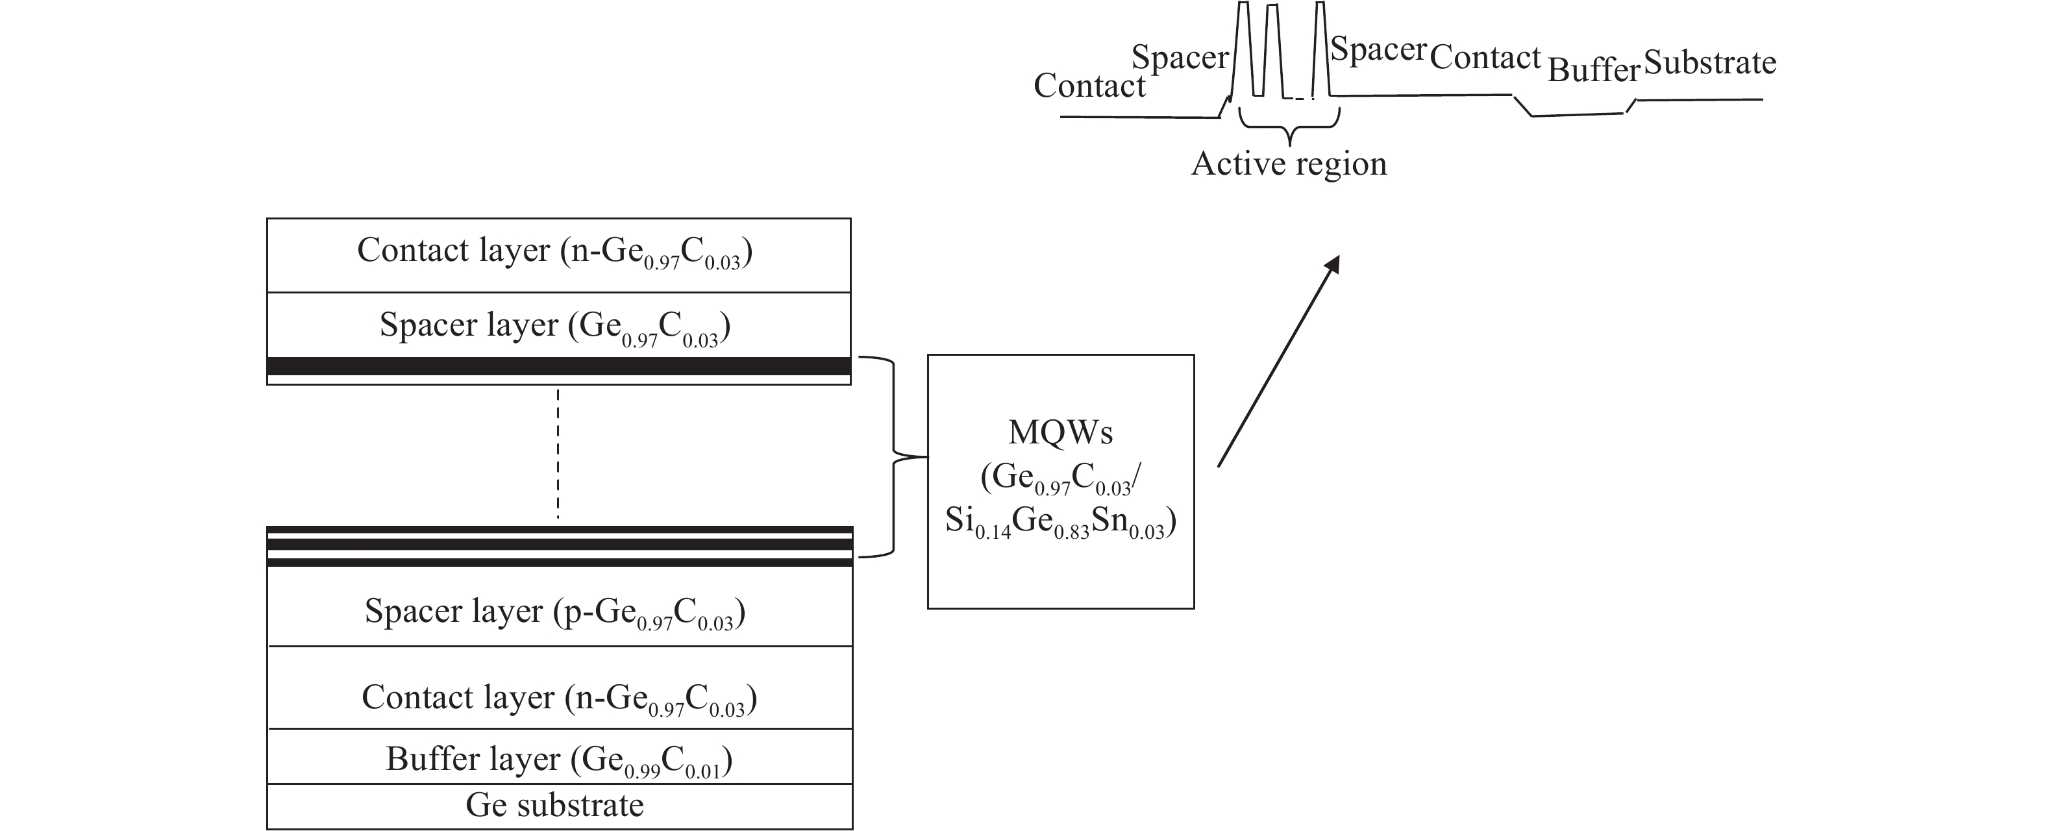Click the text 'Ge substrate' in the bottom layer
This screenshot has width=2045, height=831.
tap(554, 806)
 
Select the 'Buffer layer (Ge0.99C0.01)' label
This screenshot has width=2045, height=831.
tap(559, 760)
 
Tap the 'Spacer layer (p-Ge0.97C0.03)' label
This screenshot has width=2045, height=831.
tap(554, 612)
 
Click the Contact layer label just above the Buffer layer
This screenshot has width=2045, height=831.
tap(559, 698)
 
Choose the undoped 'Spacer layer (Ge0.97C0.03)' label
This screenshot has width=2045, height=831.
tap(554, 325)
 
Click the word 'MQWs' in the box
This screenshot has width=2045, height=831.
tap(1061, 432)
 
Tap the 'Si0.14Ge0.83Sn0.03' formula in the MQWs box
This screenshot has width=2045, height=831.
tap(1061, 521)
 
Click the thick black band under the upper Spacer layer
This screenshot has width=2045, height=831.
tap(559, 367)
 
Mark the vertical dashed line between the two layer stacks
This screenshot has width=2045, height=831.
tap(558, 454)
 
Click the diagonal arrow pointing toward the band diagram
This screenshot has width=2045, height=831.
tap(1278, 361)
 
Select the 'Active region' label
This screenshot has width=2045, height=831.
tap(1289, 164)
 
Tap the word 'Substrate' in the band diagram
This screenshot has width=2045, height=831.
tap(1710, 63)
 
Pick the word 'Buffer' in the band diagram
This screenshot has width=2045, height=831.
tap(1593, 71)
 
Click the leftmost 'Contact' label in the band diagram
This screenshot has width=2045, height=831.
tap(1089, 86)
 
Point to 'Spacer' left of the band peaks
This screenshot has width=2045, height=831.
tap(1180, 57)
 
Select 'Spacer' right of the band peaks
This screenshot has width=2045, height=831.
tap(1378, 49)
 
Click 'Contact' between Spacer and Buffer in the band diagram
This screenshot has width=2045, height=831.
tap(1485, 57)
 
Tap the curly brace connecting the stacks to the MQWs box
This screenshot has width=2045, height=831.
tap(895, 457)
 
